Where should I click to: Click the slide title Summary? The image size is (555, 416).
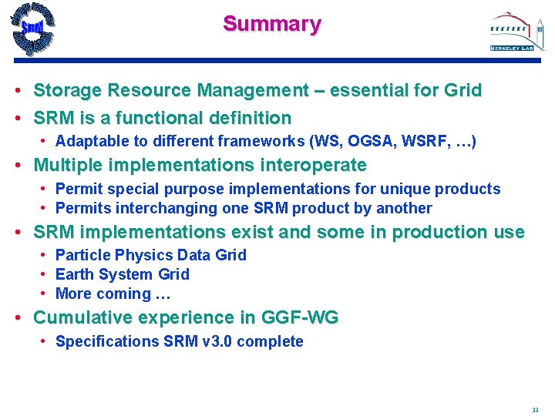pyautogui.click(x=272, y=24)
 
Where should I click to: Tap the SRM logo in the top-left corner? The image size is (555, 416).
pyautogui.click(x=32, y=29)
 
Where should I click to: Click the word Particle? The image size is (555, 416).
pyautogui.click(x=82, y=255)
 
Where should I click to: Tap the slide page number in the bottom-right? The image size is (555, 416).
pyautogui.click(x=535, y=409)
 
